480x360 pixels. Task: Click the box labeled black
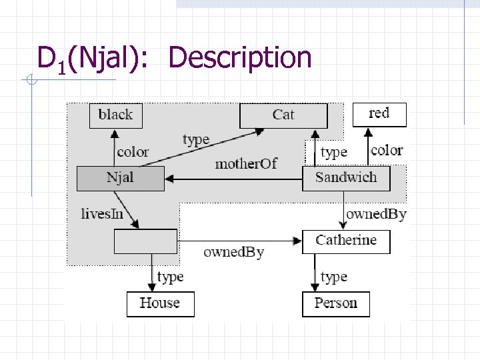115,115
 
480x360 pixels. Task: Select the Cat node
283,115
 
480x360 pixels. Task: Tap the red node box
379,113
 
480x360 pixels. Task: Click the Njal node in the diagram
120,178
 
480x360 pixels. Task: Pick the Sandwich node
346,178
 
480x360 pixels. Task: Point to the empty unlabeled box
146,241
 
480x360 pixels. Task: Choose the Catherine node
346,241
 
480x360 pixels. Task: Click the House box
160,303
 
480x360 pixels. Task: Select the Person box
336,303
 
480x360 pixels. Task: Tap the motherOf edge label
245,163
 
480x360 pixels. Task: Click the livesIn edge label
101,214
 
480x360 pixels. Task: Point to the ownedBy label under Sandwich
376,214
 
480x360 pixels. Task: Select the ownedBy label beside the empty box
233,252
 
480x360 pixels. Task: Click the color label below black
133,152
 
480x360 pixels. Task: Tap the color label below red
387,151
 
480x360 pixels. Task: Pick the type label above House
170,276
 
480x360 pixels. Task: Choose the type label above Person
333,276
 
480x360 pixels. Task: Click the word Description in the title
240,58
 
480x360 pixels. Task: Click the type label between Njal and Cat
196,139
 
